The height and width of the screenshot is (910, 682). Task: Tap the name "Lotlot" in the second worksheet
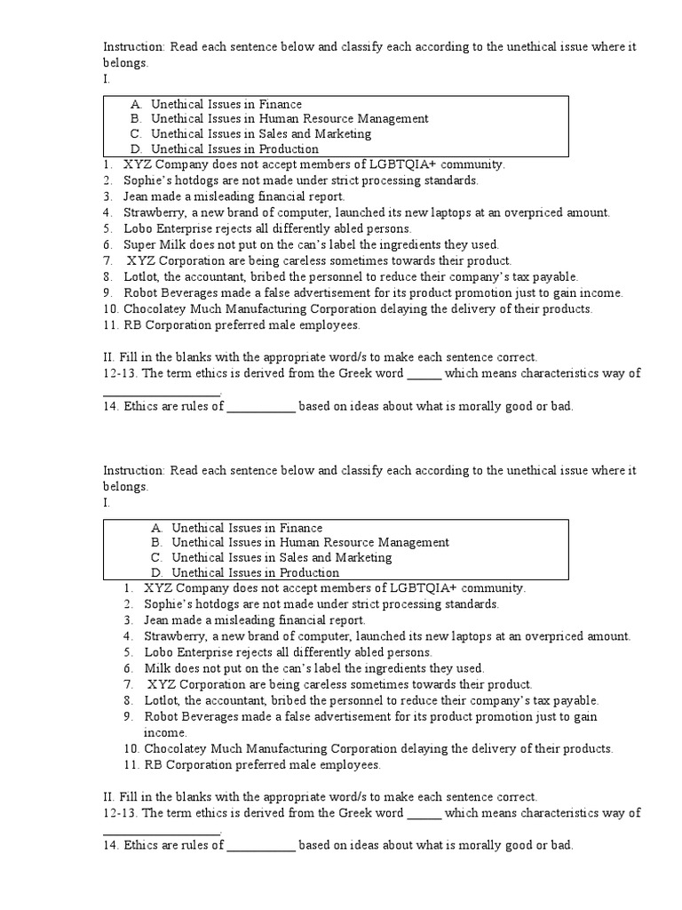tap(162, 700)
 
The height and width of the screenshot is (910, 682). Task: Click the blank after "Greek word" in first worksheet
tap(424, 373)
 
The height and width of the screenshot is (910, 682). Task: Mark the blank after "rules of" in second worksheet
tap(261, 845)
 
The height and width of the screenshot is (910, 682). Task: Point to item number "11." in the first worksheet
tap(111, 324)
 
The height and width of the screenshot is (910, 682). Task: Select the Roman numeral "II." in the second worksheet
tap(110, 797)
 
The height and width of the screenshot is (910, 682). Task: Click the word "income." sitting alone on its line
tap(165, 732)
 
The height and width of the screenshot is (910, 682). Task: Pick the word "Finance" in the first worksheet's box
tap(280, 104)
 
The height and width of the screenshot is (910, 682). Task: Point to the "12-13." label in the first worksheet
tap(121, 373)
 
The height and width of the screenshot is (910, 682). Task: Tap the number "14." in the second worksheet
tap(111, 845)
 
